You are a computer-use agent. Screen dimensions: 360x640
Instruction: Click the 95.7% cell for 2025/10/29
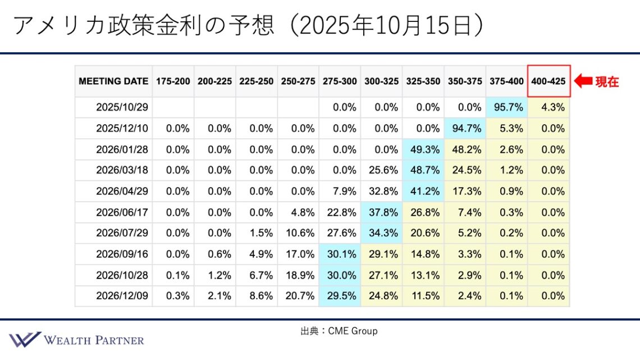click(x=507, y=107)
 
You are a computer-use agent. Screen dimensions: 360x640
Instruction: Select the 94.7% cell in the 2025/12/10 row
click(x=465, y=128)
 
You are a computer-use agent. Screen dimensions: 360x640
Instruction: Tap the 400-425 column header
click(x=548, y=81)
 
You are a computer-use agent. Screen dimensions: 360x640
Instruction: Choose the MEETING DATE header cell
click(x=113, y=81)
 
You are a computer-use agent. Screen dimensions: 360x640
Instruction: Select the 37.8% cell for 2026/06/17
click(x=382, y=212)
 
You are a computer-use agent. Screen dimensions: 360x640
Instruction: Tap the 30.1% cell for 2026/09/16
click(x=340, y=254)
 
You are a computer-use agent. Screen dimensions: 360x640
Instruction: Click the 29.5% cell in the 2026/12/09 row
click(x=340, y=296)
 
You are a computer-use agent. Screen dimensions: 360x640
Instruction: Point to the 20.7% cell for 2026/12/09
click(x=299, y=296)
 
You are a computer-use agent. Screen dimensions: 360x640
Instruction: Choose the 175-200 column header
click(x=173, y=81)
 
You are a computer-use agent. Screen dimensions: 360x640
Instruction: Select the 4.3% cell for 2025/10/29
click(x=548, y=107)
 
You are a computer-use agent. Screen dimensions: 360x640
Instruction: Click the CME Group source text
click(x=339, y=331)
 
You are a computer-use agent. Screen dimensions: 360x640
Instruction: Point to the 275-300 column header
click(x=340, y=81)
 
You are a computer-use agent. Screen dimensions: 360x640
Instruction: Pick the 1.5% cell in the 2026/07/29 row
click(x=257, y=233)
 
